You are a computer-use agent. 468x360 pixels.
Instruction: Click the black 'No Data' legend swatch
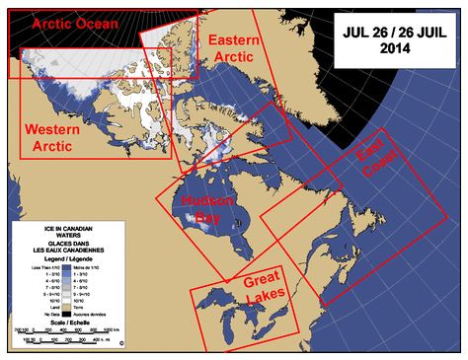pos(67,314)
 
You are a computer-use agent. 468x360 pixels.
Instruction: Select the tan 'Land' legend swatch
pos(67,307)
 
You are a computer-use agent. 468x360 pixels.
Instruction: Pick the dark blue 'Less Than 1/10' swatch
pos(67,267)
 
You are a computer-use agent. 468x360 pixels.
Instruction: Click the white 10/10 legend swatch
pos(67,300)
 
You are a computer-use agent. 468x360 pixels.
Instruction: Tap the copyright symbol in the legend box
pos(121,343)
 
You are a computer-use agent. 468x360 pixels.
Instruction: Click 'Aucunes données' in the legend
pos(90,314)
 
